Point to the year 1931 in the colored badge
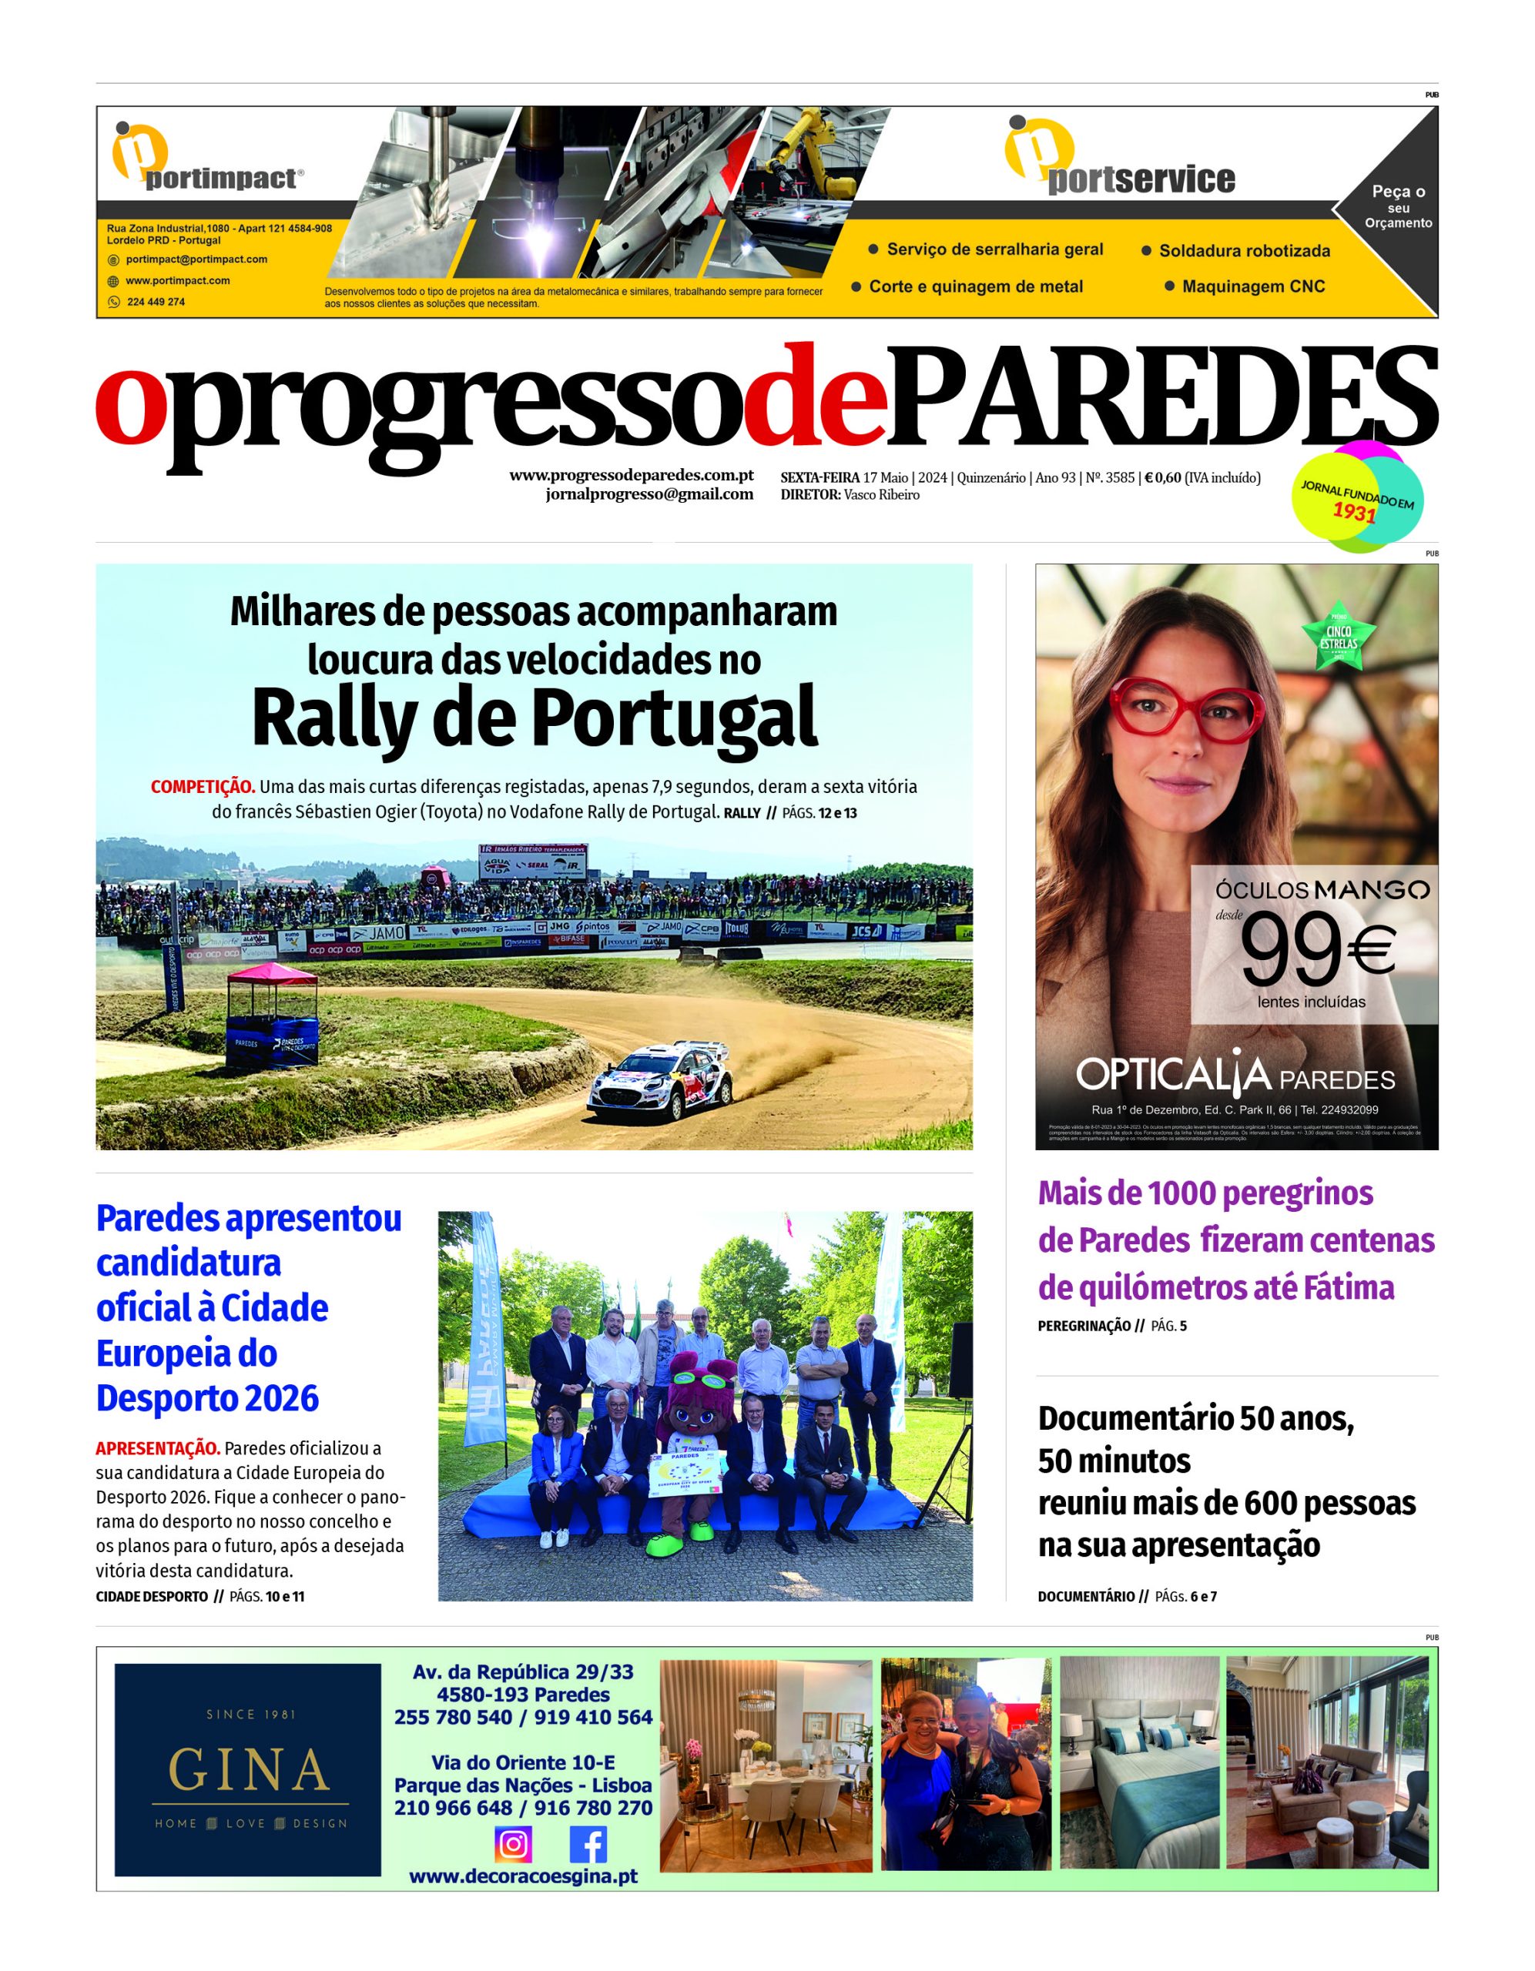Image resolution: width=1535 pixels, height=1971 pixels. click(x=1355, y=514)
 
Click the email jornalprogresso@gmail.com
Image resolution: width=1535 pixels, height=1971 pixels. click(x=649, y=494)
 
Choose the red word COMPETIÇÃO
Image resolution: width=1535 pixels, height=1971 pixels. click(x=203, y=787)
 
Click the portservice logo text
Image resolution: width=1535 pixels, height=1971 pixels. click(x=1141, y=179)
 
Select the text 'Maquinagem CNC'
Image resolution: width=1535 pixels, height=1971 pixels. click(x=1253, y=287)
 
